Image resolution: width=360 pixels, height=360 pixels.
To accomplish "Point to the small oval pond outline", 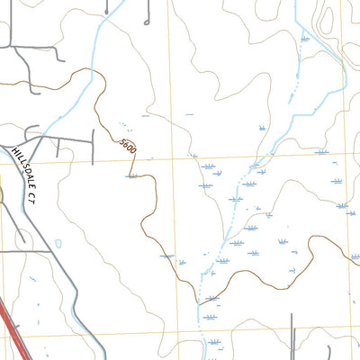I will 58,244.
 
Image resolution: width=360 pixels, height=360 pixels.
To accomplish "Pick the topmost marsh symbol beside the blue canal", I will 305,39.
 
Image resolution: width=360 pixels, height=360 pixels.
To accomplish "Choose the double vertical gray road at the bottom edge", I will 292,337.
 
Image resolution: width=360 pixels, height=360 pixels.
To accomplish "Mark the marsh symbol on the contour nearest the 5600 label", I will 133,177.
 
